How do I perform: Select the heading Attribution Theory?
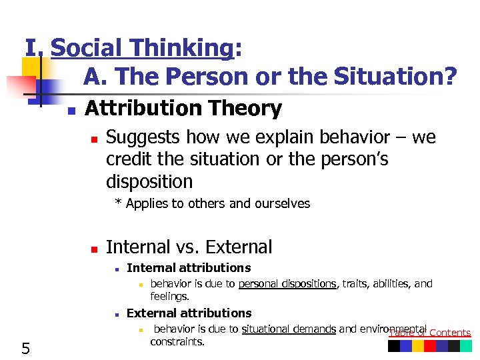point(183,108)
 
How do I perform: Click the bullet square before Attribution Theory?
point(71,110)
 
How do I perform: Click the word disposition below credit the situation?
point(149,181)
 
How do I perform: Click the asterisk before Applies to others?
point(118,203)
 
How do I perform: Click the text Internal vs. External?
point(189,247)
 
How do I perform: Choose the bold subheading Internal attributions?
point(189,268)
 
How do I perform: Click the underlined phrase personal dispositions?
point(287,284)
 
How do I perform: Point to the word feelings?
point(169,296)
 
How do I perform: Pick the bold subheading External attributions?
point(189,313)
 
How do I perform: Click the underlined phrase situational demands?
point(289,329)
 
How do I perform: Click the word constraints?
point(177,341)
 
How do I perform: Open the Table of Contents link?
point(430,333)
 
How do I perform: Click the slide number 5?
point(25,347)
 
